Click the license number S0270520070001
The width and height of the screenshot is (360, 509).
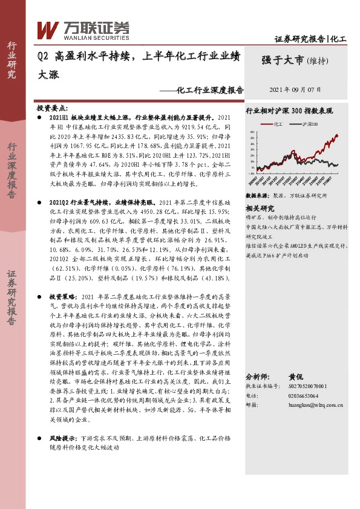305,385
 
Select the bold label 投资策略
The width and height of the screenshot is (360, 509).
62,297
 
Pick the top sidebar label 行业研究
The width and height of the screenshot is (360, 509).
12,60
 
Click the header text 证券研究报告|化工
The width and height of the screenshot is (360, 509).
310,39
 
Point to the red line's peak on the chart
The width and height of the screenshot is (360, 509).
336,135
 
